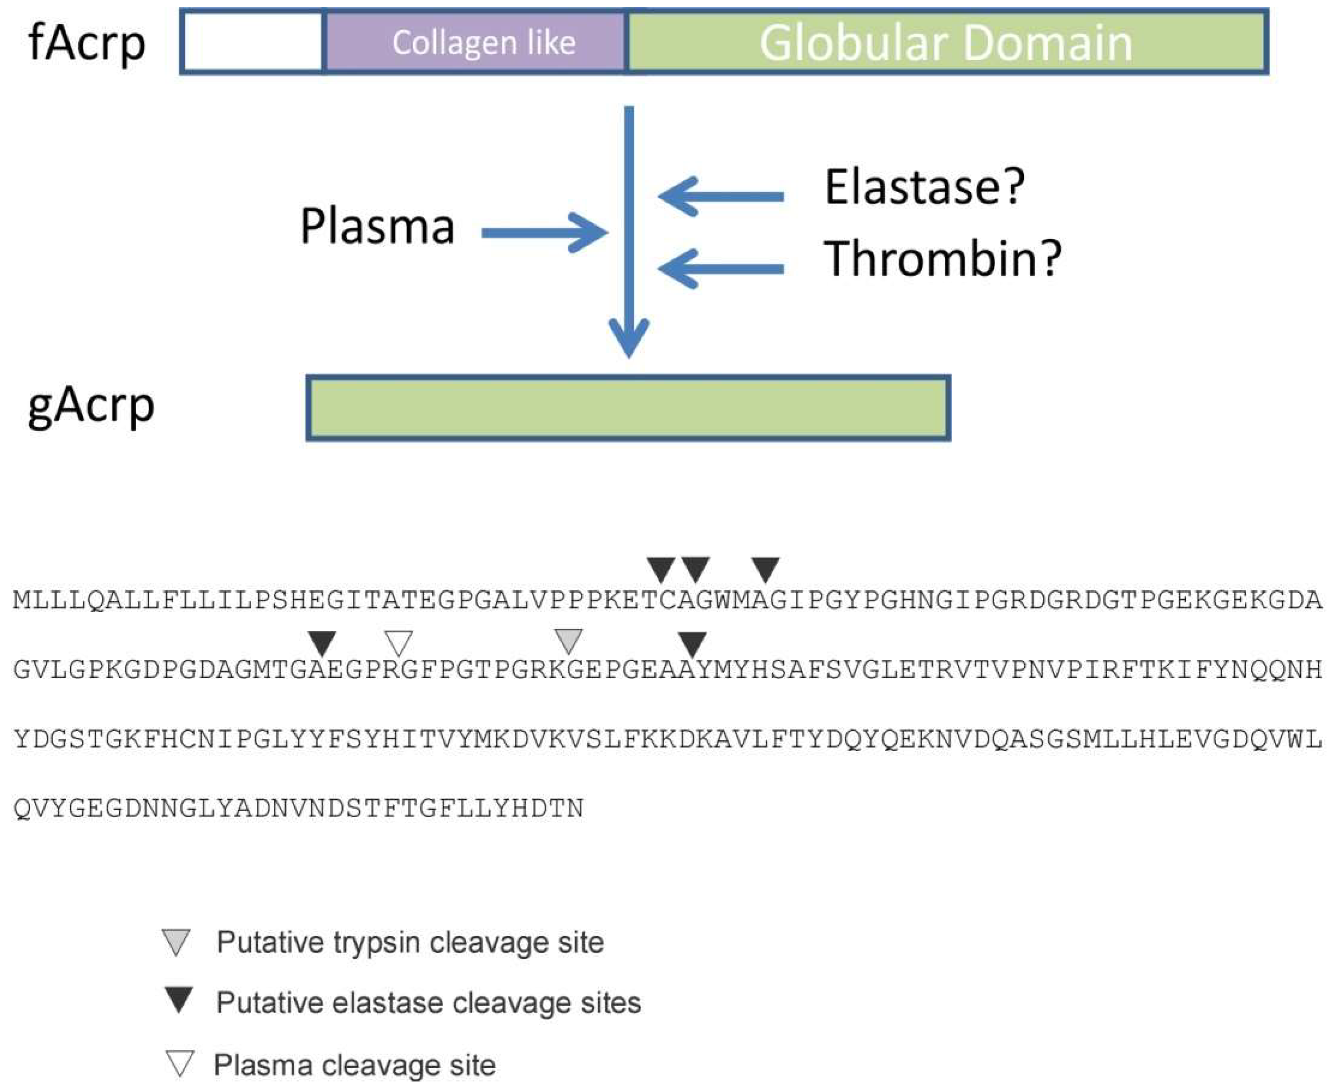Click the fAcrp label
pos(87,43)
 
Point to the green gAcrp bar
pos(628,408)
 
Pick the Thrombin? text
pos(942,259)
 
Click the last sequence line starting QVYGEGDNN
pos(299,809)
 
